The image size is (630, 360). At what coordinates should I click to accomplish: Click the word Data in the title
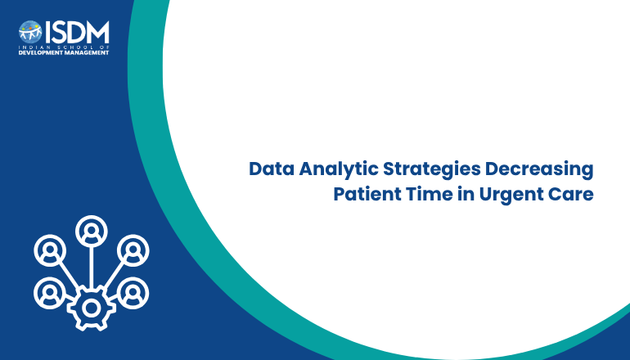click(x=272, y=169)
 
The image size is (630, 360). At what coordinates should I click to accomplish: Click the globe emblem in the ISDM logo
click(x=30, y=32)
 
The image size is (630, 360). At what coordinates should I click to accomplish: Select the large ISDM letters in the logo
click(x=77, y=32)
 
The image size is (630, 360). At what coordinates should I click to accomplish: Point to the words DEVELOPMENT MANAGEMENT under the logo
click(x=64, y=52)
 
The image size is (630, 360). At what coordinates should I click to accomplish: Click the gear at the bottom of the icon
click(x=91, y=308)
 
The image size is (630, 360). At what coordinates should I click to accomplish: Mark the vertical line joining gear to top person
click(x=92, y=267)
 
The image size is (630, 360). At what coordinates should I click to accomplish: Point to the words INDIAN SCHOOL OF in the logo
click(x=64, y=47)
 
